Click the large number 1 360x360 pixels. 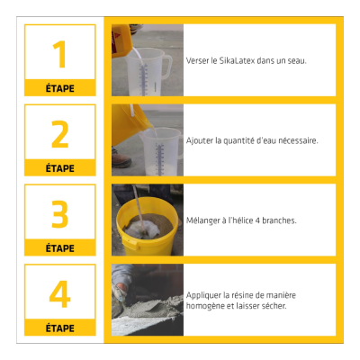click(x=60, y=54)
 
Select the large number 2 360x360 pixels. click(x=60, y=133)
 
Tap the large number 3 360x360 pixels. click(x=60, y=213)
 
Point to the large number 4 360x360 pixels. click(x=60, y=293)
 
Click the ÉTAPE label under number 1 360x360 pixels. click(x=60, y=88)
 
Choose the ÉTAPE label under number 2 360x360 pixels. click(x=60, y=168)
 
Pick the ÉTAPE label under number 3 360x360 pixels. click(x=60, y=247)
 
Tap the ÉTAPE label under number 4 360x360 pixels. click(x=60, y=328)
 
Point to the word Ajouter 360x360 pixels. click(x=200, y=140)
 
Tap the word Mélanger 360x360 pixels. click(x=204, y=220)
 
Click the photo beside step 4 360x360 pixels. click(x=147, y=300)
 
